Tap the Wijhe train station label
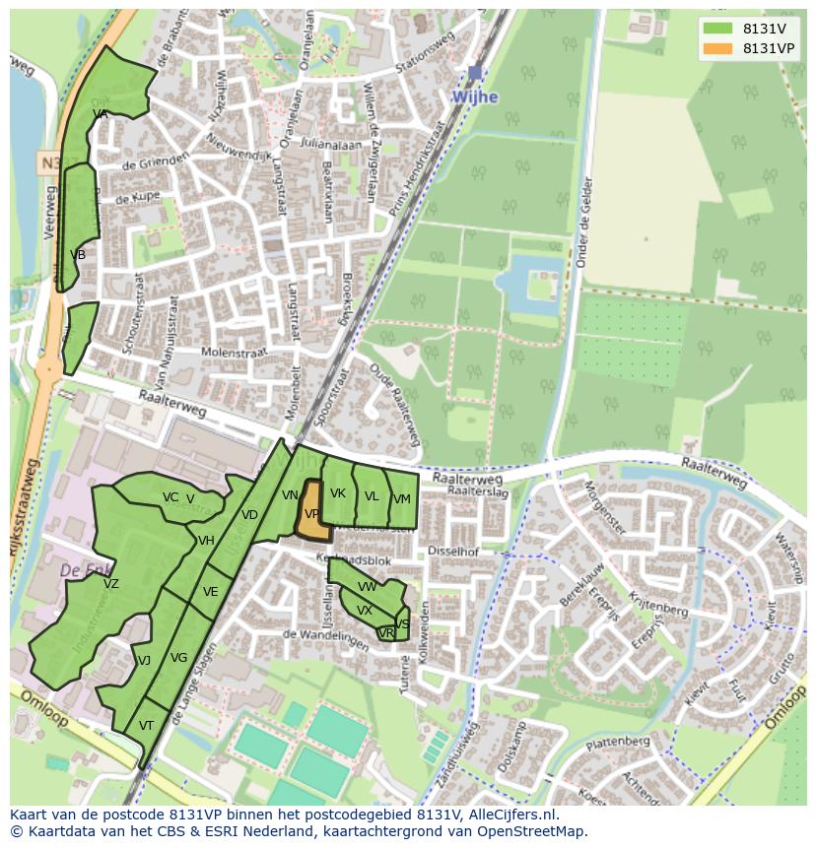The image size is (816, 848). [x=474, y=97]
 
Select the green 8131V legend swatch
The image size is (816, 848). [x=718, y=29]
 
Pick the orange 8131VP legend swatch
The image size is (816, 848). [x=718, y=48]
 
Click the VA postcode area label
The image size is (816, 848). [x=100, y=114]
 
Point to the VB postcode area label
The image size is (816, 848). [x=78, y=255]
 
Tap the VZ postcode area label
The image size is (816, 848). [x=110, y=584]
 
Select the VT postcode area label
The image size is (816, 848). [x=146, y=725]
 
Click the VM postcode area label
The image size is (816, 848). [x=401, y=499]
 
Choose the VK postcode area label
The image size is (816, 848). [x=338, y=493]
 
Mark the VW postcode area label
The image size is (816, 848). [x=367, y=587]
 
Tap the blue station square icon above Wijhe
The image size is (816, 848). [x=475, y=73]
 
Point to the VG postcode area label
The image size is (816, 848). [x=178, y=658]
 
